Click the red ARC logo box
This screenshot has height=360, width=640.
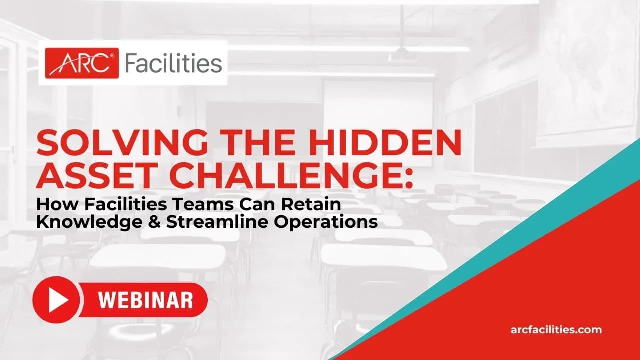point(82,63)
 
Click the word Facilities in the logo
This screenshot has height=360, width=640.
point(173,63)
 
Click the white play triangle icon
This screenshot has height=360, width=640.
point(57,299)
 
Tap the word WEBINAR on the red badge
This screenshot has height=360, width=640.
point(146,300)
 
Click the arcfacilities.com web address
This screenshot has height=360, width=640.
point(556,330)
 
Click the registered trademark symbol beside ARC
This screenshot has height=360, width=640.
point(112,56)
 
